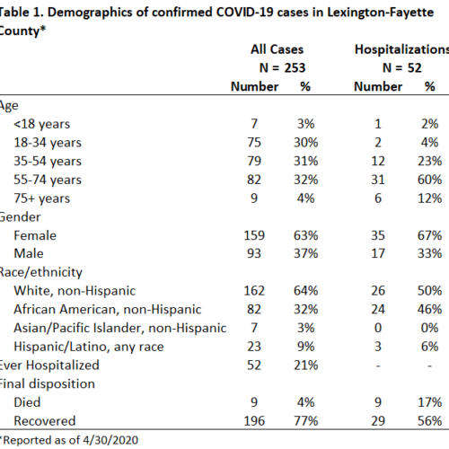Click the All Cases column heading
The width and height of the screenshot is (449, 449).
tap(277, 49)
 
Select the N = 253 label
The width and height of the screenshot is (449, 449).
tap(282, 68)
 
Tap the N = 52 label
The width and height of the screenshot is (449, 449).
tap(402, 68)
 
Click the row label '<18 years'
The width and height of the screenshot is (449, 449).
tap(42, 124)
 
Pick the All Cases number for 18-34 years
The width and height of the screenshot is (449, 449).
tap(254, 143)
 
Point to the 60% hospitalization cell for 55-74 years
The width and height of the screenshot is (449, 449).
tap(430, 180)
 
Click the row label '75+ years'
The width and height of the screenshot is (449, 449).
tap(42, 198)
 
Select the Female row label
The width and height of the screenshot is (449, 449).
tap(35, 235)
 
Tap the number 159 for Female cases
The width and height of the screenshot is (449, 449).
tap(254, 235)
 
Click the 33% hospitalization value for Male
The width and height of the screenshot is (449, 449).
tap(430, 253)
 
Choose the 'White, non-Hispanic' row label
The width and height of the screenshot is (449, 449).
tap(75, 291)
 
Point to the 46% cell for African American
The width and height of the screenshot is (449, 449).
tap(430, 309)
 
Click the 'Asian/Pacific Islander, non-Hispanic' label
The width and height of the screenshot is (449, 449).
tap(120, 328)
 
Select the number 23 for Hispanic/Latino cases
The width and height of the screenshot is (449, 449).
tap(254, 347)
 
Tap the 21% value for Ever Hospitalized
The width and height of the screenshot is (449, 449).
tap(305, 365)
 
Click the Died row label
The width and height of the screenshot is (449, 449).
tap(27, 402)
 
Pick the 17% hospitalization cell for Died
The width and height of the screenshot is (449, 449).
tap(430, 402)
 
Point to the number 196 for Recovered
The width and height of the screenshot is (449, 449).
tap(254, 421)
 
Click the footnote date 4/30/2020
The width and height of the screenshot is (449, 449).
tap(110, 440)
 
